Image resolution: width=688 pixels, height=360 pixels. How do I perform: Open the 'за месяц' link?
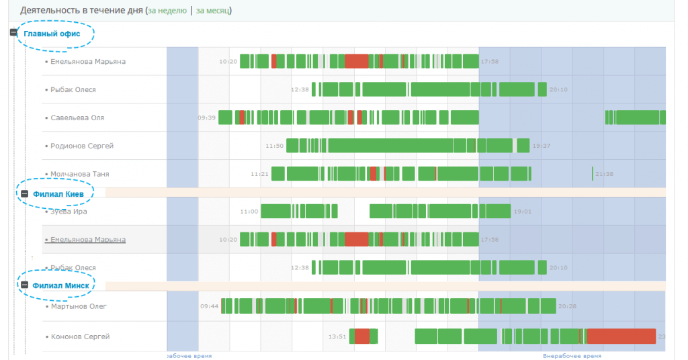[214, 11]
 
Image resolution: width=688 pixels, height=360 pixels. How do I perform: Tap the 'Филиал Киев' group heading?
[58, 193]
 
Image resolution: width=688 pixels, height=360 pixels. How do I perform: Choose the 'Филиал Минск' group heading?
[60, 285]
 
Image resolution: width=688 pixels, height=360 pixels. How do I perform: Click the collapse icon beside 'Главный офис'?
[14, 33]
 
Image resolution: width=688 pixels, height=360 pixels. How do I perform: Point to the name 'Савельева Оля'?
[77, 118]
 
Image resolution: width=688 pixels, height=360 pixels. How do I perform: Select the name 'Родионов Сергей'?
[82, 146]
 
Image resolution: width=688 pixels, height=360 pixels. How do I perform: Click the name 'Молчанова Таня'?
[80, 174]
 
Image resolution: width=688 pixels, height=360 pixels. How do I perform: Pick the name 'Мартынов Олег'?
[79, 307]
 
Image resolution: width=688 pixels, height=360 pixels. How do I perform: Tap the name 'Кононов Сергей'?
[80, 336]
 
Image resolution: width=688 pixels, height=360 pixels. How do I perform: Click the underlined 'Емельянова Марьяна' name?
[85, 240]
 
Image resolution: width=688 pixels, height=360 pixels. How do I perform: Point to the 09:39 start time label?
[206, 118]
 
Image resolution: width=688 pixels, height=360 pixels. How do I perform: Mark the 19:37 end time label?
[541, 146]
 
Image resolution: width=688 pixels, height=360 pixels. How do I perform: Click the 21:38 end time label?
[604, 174]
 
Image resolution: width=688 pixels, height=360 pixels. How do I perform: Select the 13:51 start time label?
[337, 336]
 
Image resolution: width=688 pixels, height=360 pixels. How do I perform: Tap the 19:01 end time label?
[522, 212]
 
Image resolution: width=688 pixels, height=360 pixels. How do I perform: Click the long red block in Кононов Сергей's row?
[621, 336]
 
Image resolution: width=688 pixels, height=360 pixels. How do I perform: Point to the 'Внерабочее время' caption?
[572, 356]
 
